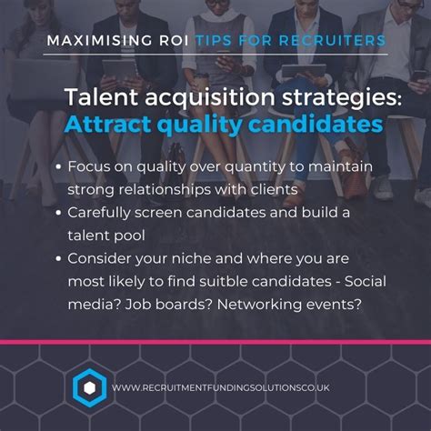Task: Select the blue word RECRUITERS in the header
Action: click(332, 42)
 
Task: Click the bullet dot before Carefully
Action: click(84, 212)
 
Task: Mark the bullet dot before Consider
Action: click(84, 257)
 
